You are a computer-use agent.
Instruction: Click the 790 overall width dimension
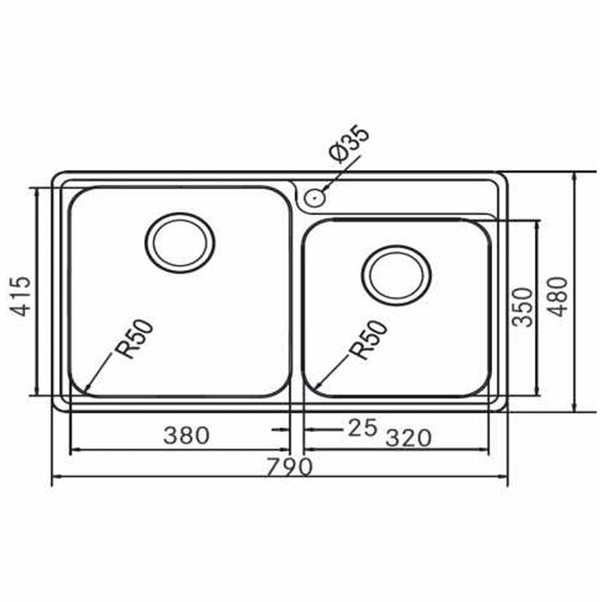(x=290, y=467)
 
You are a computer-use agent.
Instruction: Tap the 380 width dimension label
(x=187, y=436)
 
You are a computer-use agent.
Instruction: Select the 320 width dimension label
(x=408, y=438)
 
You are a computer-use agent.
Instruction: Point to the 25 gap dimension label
(x=363, y=427)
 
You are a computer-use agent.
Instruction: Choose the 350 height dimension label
(x=523, y=307)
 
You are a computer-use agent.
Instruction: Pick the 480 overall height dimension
(x=557, y=297)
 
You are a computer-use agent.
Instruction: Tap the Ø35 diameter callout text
(x=348, y=144)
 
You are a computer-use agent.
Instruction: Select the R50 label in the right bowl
(x=369, y=340)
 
